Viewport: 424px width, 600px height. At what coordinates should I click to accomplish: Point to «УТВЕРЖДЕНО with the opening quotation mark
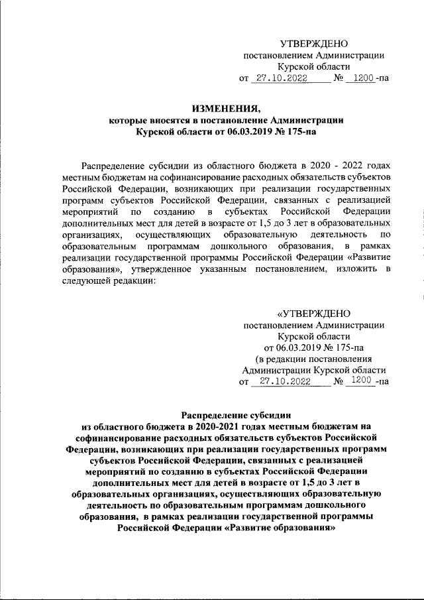point(313,313)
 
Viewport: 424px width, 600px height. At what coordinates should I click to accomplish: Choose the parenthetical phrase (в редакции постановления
point(313,358)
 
